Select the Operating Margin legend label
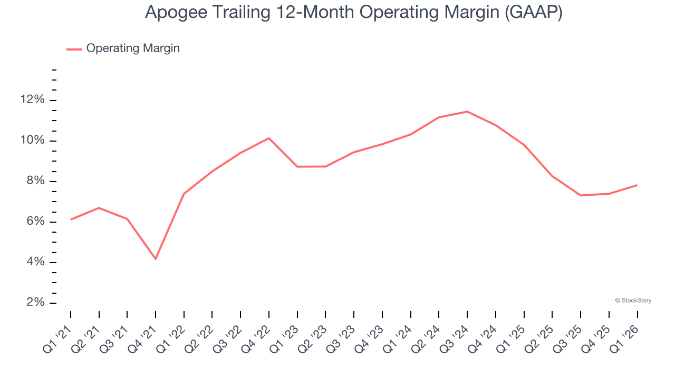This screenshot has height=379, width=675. pos(133,48)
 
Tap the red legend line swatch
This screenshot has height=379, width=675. pos(74,49)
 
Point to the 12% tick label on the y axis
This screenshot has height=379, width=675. pos(31,100)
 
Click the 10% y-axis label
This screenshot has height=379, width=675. pos(31,141)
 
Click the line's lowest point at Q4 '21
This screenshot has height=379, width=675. pos(156,259)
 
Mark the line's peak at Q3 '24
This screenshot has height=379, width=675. pos(467,112)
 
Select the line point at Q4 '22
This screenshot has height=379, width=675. pos(269,138)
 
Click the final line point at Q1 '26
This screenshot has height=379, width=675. pos(637,185)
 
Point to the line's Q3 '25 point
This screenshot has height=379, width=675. pos(581,195)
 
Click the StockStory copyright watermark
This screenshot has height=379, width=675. pos(633,301)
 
